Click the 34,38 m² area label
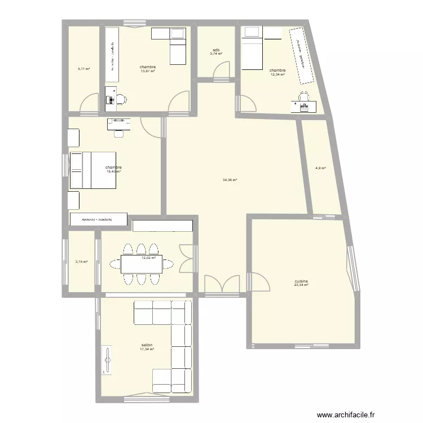[230, 180]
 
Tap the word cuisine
[301, 281]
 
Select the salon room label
[147, 345]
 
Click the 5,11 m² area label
[84, 69]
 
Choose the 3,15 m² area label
[81, 262]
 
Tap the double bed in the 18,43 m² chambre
[92, 170]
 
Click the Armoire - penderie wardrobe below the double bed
[98, 219]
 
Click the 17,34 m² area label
[147, 349]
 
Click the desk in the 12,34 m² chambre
[303, 104]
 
